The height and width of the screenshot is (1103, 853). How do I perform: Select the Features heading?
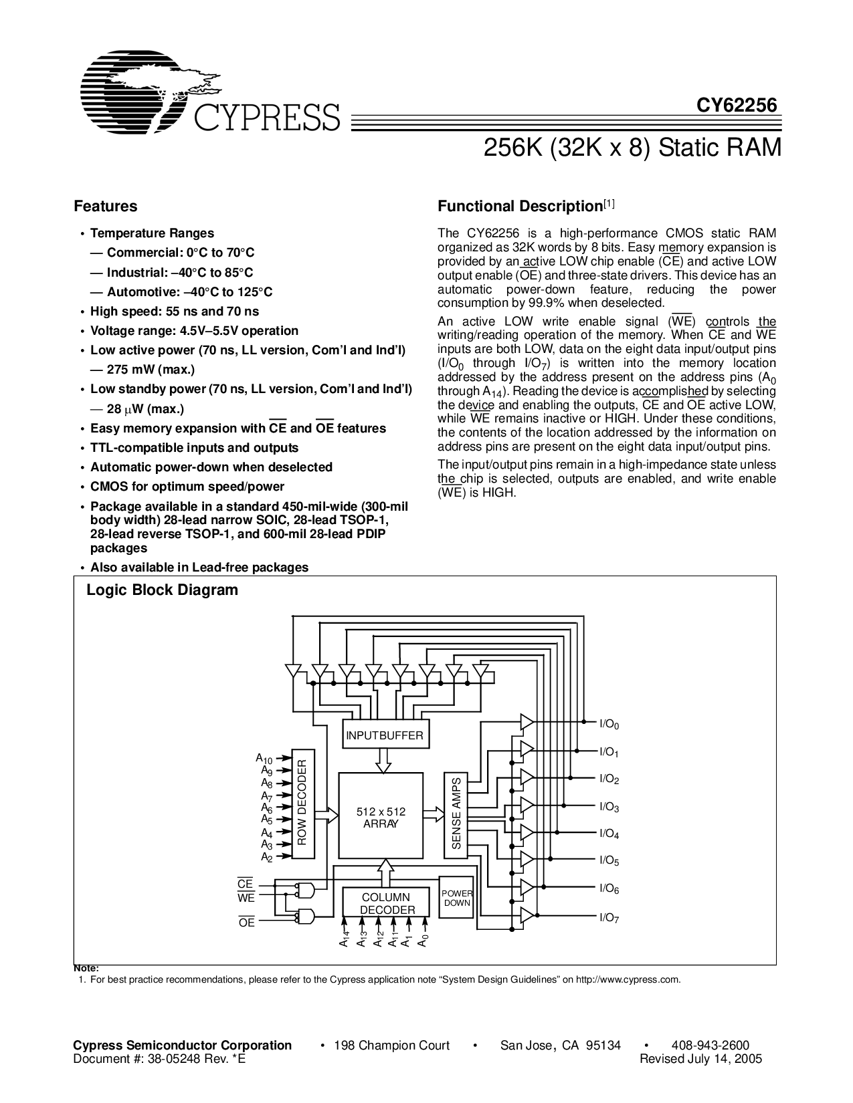(x=105, y=207)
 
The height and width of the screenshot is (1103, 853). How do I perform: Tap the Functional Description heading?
(x=520, y=207)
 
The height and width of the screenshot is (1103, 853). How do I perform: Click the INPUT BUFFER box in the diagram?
(x=384, y=735)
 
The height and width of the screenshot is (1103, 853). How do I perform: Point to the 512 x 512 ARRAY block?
(x=381, y=817)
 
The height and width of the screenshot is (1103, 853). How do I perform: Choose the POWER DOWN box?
(x=456, y=898)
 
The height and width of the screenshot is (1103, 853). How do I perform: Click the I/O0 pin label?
(x=609, y=725)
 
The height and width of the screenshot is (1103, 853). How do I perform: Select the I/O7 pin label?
(x=609, y=918)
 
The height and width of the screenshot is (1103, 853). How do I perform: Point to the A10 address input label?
(x=264, y=759)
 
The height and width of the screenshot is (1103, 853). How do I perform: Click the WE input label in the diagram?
(x=246, y=898)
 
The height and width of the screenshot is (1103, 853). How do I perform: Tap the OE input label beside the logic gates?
(x=246, y=923)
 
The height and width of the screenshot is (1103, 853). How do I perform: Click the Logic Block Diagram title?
(x=162, y=590)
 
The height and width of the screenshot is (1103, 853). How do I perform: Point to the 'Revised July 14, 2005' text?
(x=700, y=1059)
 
